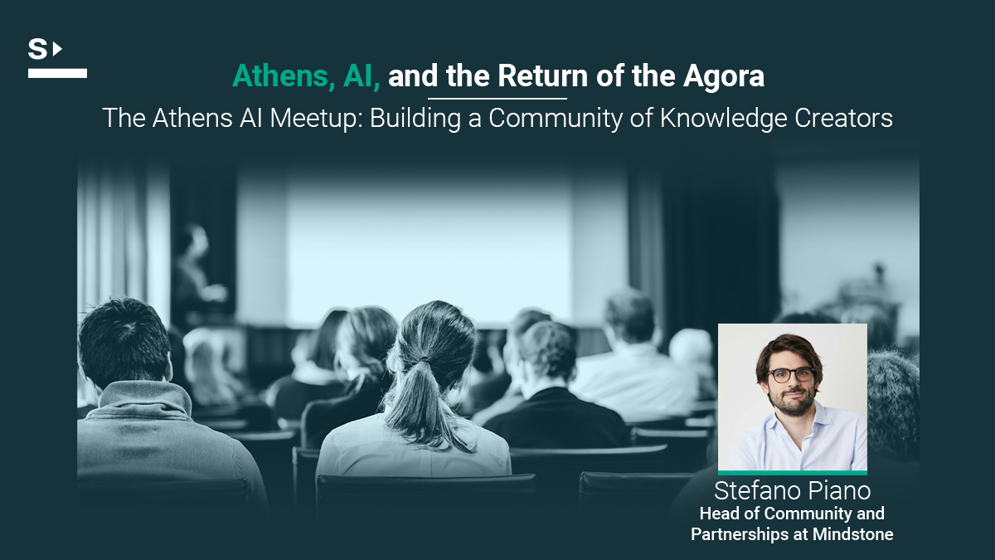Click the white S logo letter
[x=38, y=49]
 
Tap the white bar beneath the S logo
[x=57, y=73]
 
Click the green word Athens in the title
[x=280, y=76]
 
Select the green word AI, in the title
[x=362, y=76]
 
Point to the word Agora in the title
[x=724, y=77]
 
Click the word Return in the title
[x=542, y=76]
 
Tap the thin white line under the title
[x=498, y=98]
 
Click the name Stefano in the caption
[x=755, y=490]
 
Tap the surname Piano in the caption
[x=837, y=490]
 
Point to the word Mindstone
[x=853, y=533]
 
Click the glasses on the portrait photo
[x=790, y=375]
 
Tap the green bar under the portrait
[x=793, y=472]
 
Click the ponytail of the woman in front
[x=416, y=400]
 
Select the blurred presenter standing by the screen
[x=196, y=271]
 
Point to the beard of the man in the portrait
[x=794, y=401]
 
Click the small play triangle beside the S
[x=57, y=48]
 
